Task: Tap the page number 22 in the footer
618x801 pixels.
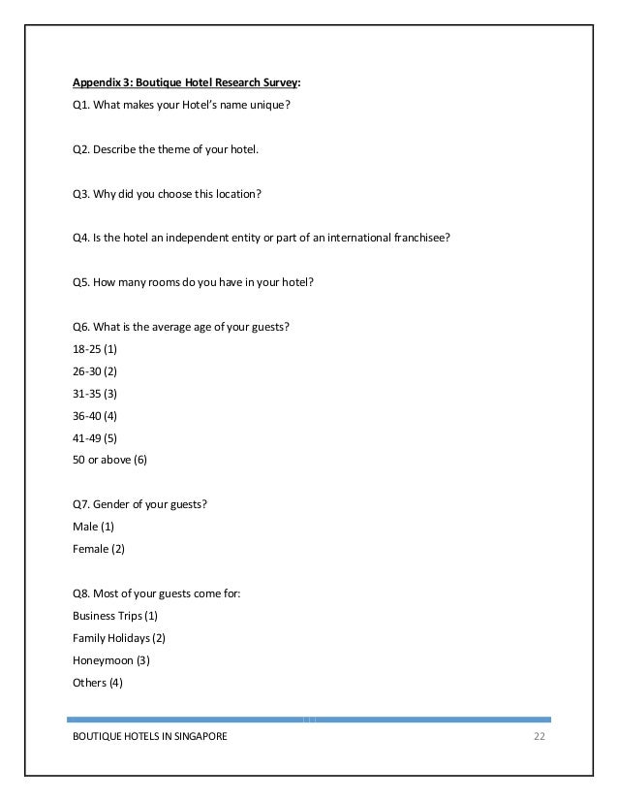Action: [x=540, y=738]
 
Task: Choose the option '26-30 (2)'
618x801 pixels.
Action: [x=95, y=371]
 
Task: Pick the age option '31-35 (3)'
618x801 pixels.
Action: [x=95, y=393]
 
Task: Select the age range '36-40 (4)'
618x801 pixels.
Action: [x=95, y=415]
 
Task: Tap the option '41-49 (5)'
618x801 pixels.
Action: [x=95, y=436]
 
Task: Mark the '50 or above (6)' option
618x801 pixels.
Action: [x=109, y=459]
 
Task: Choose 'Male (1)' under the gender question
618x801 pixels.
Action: [x=93, y=526]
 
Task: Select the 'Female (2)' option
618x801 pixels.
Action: [x=99, y=548]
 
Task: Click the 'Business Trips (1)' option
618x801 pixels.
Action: [x=114, y=616]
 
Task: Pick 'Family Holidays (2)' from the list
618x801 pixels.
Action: [x=119, y=638]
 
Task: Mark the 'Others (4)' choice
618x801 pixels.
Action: [x=98, y=682]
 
